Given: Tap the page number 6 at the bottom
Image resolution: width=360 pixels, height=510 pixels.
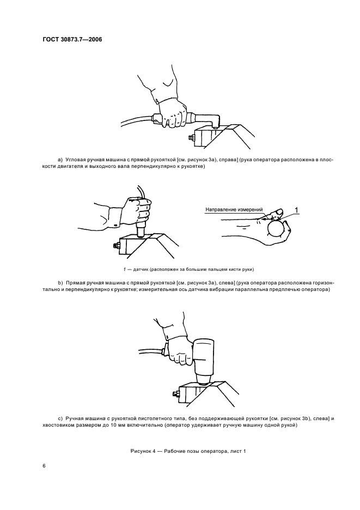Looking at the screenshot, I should pos(44,466).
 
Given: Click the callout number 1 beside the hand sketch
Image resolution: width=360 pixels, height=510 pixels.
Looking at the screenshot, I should pos(296,209).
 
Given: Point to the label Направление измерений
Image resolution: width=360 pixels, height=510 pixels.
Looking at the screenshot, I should pos(234,209).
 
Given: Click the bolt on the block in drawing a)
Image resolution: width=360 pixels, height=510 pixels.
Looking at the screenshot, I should pos(191,137).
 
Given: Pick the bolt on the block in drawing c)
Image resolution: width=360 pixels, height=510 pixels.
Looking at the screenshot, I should pos(175,392).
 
